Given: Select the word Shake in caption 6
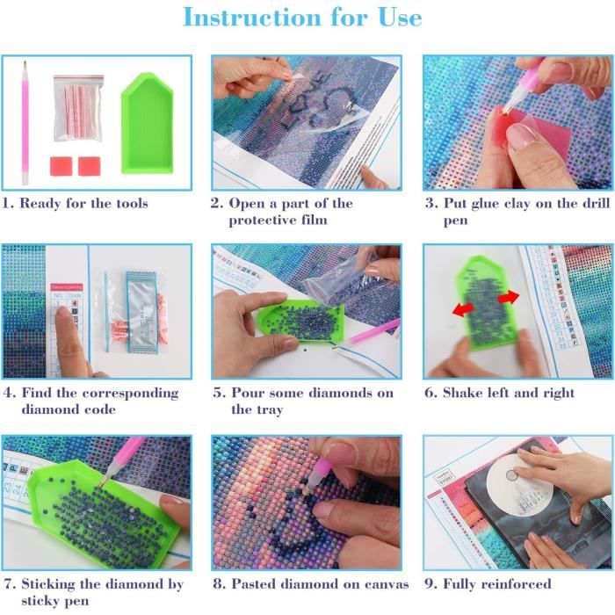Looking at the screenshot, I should coord(464,393).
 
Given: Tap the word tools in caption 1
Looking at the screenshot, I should coord(129,203).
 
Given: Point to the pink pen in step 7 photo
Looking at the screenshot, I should coord(123,457).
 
